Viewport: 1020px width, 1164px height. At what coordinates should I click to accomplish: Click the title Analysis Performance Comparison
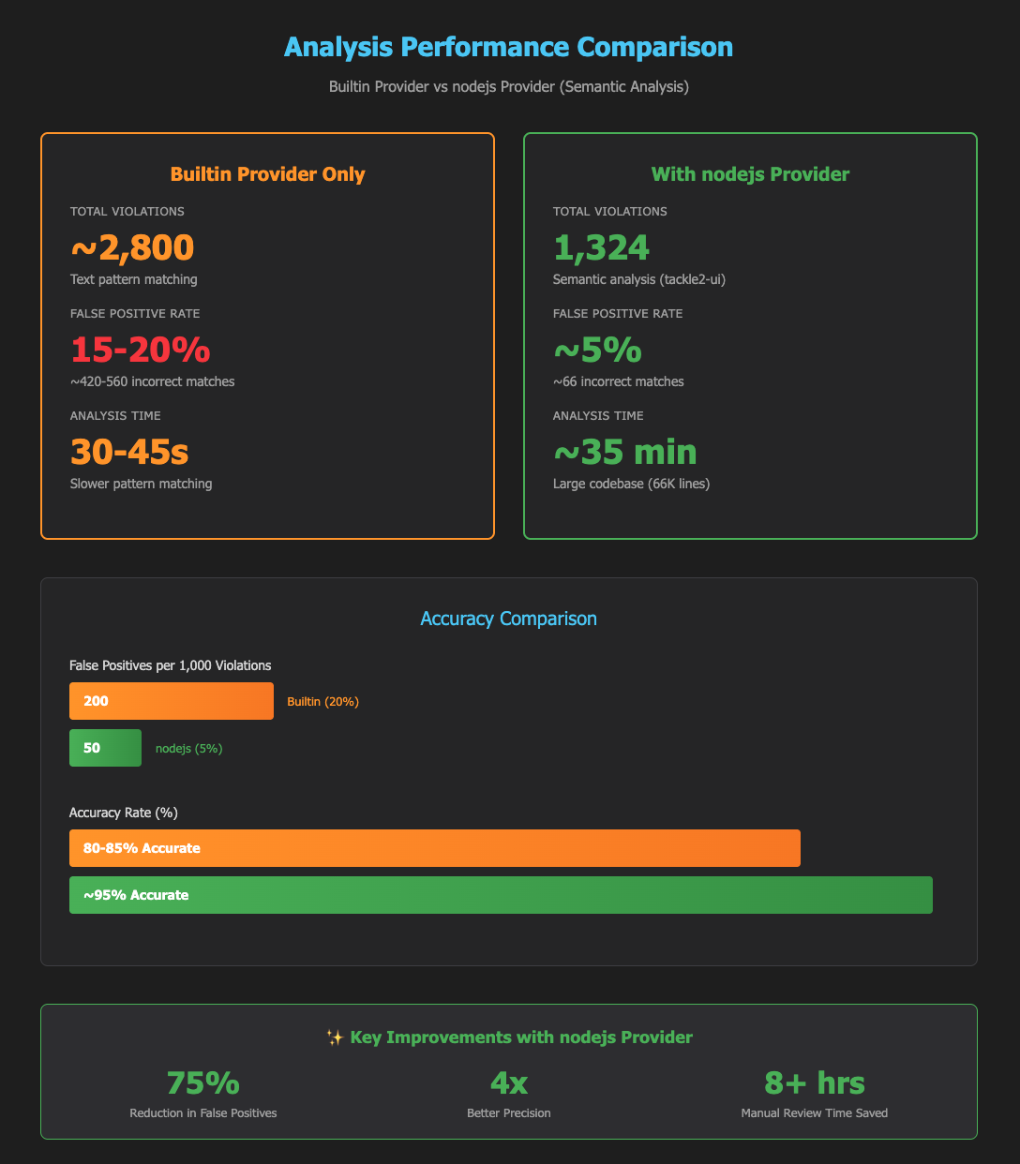[509, 47]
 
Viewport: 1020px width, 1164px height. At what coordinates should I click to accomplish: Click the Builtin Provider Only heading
[267, 173]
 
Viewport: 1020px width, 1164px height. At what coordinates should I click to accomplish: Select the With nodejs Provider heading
[750, 173]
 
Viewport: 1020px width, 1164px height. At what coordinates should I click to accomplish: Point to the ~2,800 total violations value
[132, 246]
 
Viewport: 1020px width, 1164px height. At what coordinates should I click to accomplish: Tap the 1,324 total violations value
[601, 246]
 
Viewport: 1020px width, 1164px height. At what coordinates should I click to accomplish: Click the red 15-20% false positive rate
[141, 350]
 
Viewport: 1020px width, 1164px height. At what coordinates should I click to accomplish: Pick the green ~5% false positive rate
[597, 350]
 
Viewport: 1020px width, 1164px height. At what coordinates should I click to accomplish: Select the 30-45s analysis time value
[129, 452]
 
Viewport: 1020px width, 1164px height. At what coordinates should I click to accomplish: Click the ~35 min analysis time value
[624, 452]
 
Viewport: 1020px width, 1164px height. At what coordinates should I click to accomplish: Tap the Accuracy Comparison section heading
[509, 619]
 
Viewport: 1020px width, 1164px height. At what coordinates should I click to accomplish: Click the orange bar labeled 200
[172, 701]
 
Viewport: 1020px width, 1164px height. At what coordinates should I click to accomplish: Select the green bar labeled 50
[105, 748]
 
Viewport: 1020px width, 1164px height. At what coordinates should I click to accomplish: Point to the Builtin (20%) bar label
[322, 701]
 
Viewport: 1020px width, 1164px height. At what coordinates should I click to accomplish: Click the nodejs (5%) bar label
[188, 748]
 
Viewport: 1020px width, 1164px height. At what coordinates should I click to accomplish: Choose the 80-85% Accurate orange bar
[435, 848]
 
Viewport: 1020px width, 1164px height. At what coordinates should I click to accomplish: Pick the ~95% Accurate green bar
[501, 895]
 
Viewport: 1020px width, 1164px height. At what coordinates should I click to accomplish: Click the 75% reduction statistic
[202, 1082]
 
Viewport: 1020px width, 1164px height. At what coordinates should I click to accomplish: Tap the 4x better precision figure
[509, 1082]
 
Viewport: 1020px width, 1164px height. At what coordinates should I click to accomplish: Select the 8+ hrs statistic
[815, 1082]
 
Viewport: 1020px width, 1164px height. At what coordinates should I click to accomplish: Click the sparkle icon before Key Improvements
[334, 1037]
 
